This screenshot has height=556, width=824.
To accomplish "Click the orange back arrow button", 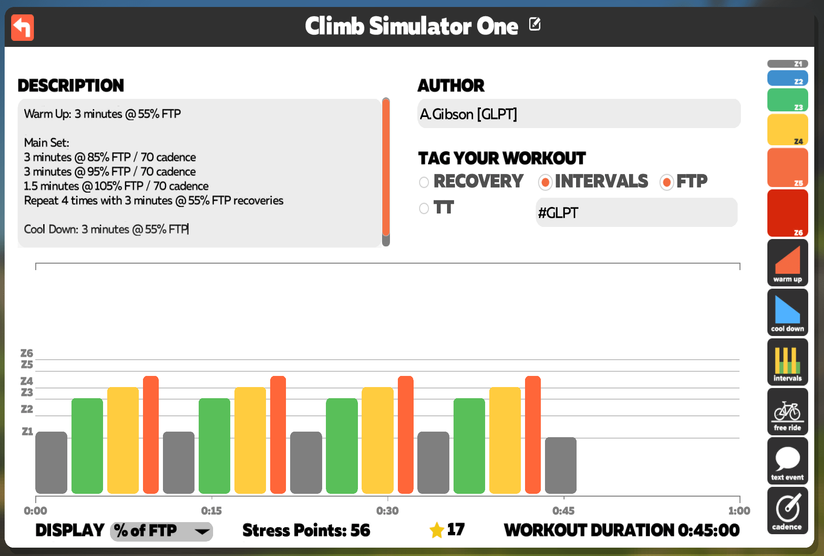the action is tap(22, 27).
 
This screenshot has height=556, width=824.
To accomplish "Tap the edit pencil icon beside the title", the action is tap(535, 24).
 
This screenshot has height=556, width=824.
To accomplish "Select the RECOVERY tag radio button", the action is tap(424, 182).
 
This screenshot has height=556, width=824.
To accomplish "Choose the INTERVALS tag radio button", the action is tap(545, 182).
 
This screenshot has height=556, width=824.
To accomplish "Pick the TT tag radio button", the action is tap(424, 208).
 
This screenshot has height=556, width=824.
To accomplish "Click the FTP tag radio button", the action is tap(667, 182).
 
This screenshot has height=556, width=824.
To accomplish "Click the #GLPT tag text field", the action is tap(636, 213).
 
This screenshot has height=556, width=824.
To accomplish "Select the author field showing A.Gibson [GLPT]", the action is tap(579, 114).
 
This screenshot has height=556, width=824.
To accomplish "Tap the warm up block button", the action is tap(787, 263).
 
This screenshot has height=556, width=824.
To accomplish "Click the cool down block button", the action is tap(787, 312).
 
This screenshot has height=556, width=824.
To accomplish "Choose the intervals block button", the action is tap(787, 362).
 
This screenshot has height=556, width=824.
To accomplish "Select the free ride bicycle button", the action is tap(787, 412).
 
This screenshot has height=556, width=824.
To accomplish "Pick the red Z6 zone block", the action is tap(787, 213).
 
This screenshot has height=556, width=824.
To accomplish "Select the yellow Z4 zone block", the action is tap(787, 130).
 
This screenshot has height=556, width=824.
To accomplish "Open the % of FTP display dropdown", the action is tap(162, 531).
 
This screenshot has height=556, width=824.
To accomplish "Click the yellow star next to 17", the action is tap(437, 530).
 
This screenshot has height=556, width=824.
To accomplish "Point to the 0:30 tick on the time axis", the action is tap(388, 497).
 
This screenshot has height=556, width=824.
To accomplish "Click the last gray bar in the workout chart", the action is tap(560, 465).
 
